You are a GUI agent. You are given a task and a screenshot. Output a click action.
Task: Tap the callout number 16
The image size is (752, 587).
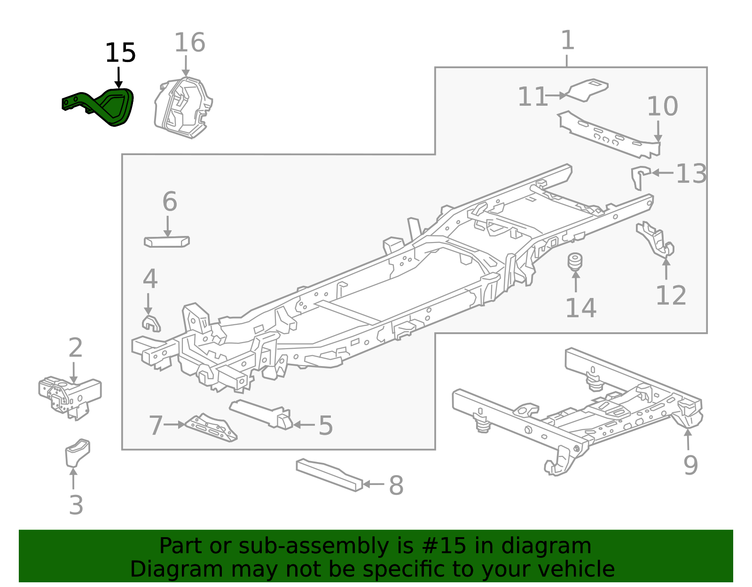click(x=189, y=43)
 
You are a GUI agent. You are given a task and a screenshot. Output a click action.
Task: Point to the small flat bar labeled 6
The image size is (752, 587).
click(x=166, y=242)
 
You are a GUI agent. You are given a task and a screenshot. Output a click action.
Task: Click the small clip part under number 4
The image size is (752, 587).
click(x=151, y=323)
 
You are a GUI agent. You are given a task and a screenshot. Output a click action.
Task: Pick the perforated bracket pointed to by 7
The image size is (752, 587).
click(x=211, y=428)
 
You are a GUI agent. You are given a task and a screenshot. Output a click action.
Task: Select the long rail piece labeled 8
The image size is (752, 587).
click(x=329, y=475)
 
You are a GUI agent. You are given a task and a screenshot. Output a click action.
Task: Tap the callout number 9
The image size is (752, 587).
click(x=690, y=465)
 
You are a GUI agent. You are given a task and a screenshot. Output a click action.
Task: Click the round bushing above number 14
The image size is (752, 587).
click(x=575, y=262)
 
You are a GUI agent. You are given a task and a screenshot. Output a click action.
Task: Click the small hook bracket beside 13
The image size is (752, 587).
click(x=639, y=176)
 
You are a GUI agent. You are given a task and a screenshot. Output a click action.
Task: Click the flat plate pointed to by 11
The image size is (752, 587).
click(x=587, y=89)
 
